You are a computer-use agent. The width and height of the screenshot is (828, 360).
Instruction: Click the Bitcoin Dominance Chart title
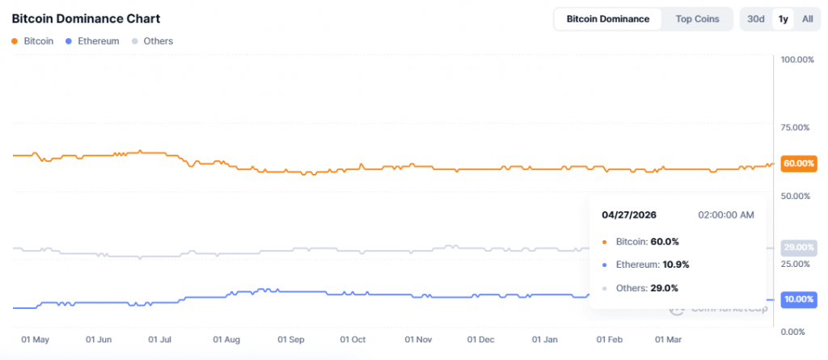(x=86, y=19)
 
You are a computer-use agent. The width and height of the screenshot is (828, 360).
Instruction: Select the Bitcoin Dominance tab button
(x=607, y=19)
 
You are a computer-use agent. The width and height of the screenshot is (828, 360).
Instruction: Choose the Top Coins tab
(x=696, y=19)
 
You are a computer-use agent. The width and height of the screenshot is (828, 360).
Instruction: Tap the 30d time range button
(x=756, y=19)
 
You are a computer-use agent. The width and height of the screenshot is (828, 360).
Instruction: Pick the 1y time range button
(x=782, y=19)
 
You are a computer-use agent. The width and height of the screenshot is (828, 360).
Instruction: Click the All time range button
(x=807, y=19)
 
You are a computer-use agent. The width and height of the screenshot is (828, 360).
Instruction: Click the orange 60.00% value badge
(x=799, y=163)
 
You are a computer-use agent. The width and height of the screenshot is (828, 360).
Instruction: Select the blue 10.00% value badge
(x=799, y=299)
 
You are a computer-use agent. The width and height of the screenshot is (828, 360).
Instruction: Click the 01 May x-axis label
(x=35, y=340)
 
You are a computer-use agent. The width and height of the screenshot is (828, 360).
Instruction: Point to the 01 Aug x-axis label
(x=226, y=340)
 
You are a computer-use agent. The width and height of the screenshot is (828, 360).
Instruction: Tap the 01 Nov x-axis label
(x=419, y=340)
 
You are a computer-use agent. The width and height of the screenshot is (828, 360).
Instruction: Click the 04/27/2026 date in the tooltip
(x=629, y=215)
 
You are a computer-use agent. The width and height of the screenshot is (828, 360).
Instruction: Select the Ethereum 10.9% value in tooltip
(x=664, y=265)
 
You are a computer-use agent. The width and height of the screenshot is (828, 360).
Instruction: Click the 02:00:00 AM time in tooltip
(x=725, y=215)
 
